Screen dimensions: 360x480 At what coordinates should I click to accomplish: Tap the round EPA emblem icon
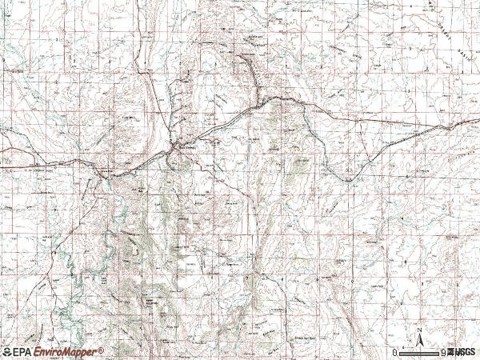click(x=6, y=351)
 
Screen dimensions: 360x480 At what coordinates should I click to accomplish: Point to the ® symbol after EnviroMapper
click(x=102, y=350)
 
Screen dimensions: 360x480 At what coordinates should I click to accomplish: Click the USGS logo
click(x=462, y=352)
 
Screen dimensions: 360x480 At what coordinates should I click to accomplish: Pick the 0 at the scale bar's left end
click(x=396, y=352)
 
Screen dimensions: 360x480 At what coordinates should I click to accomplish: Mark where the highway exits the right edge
click(x=478, y=120)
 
